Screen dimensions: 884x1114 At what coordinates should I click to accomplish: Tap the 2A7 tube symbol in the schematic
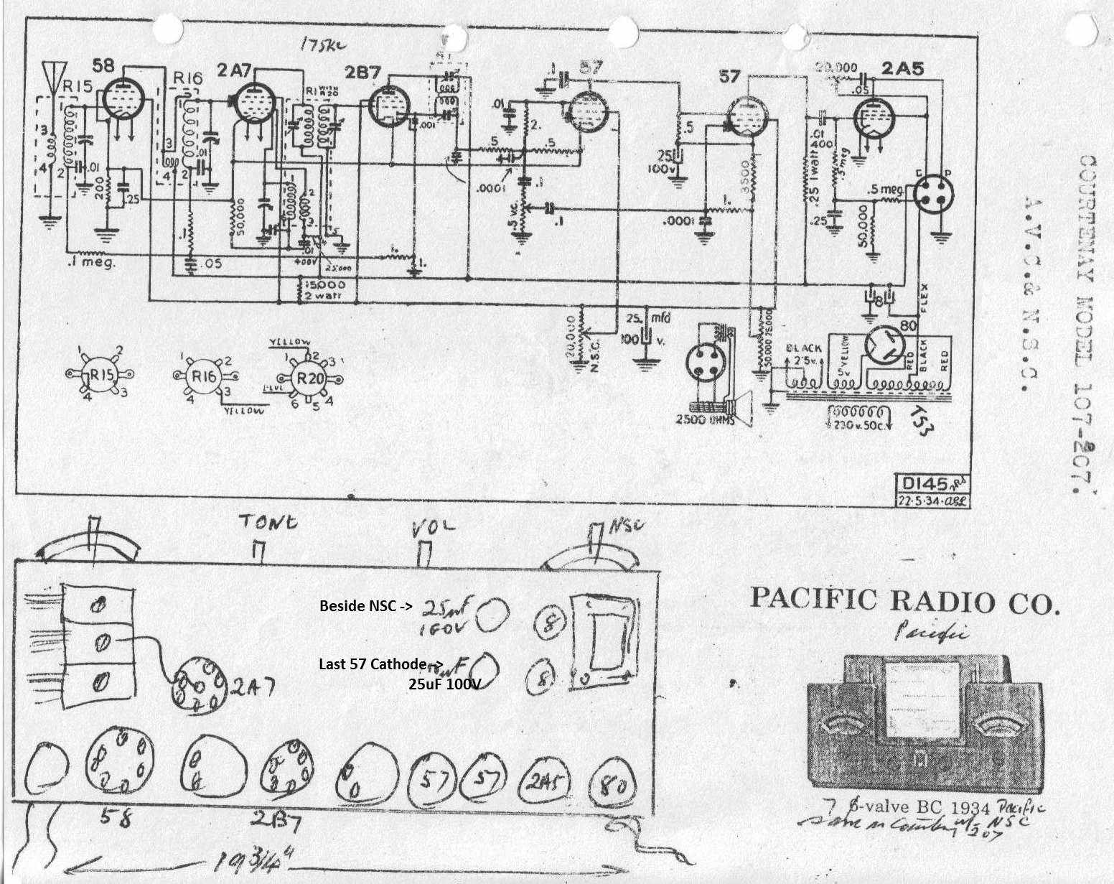pos(252,105)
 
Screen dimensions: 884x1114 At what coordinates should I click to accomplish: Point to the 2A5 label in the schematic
pos(903,69)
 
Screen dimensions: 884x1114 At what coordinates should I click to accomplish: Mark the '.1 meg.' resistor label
pos(91,263)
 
